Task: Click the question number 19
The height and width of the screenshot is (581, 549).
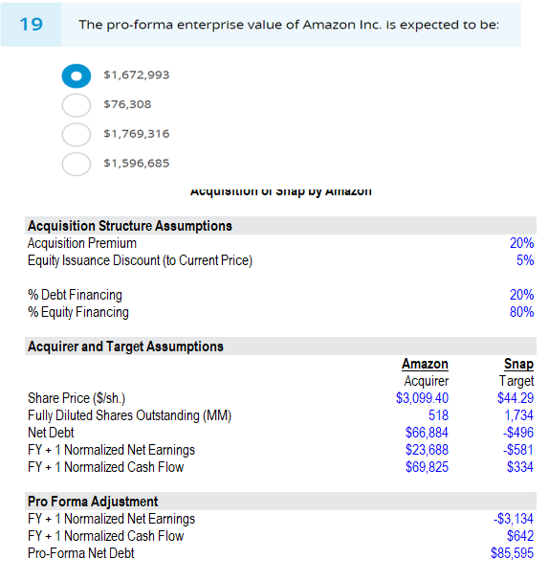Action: [31, 24]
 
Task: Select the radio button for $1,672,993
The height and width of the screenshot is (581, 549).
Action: [77, 76]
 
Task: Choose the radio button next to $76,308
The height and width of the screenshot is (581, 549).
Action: [77, 105]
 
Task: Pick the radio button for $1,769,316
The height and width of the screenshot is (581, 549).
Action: [77, 134]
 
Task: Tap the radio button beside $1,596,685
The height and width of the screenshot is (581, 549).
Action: [77, 164]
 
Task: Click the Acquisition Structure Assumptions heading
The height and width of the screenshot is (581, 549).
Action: [130, 226]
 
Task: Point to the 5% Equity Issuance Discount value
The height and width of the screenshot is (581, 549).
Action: [524, 260]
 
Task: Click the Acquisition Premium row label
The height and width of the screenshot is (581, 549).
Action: [82, 243]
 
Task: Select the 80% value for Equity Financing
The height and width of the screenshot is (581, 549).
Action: [522, 312]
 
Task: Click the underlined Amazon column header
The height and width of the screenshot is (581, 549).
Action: [425, 364]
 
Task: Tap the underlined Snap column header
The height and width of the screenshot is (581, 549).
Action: [518, 364]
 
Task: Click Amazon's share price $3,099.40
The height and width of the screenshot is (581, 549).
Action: [422, 398]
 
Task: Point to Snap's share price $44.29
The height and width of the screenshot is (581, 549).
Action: [516, 398]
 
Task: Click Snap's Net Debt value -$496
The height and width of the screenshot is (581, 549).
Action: [519, 433]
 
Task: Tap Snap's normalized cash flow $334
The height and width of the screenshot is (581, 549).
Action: [520, 467]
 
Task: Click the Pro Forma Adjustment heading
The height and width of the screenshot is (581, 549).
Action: [94, 502]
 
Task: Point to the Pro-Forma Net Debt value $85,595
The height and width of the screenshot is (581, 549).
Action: [513, 553]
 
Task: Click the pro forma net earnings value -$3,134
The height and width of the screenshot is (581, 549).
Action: [513, 519]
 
